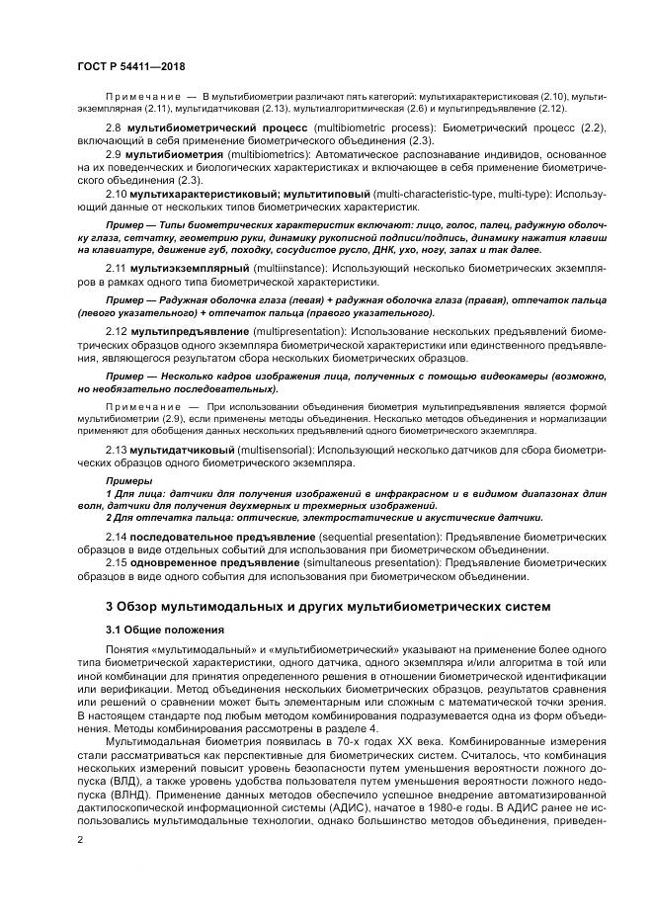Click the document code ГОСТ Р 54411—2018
click(x=130, y=64)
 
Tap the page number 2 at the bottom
click(x=80, y=838)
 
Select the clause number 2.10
click(x=116, y=194)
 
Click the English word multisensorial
click(x=276, y=450)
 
